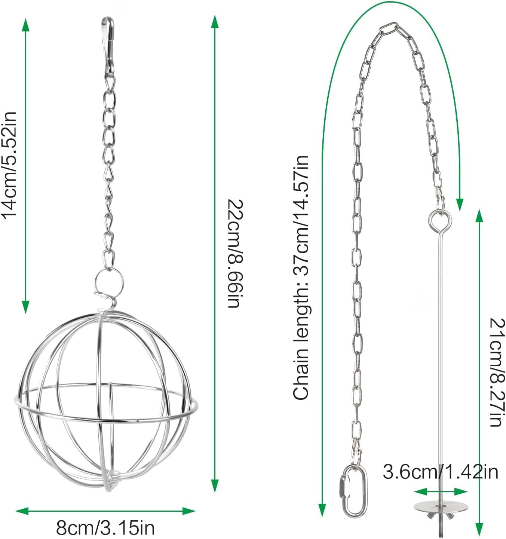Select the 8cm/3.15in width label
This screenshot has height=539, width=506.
[x=105, y=528]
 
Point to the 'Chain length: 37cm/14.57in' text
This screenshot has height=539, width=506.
[x=301, y=278]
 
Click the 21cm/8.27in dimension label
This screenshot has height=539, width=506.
[x=497, y=373]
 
